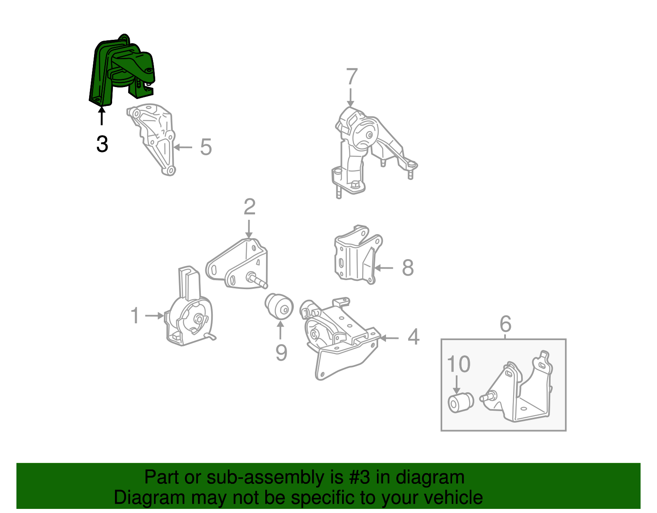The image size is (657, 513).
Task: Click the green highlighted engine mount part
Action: (119, 70)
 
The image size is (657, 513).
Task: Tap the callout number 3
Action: (102, 144)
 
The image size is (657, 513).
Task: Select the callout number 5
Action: (206, 147)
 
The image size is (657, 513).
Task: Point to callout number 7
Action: (351, 77)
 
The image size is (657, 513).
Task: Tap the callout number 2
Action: (249, 207)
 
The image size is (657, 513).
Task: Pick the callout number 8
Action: (407, 268)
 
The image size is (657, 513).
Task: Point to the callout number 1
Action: (135, 315)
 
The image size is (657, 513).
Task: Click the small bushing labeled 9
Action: (279, 306)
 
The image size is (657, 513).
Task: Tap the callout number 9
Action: (281, 352)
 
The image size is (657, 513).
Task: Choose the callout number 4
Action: (413, 337)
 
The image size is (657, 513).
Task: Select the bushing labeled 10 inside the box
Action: (459, 402)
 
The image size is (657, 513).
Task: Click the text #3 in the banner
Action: (359, 477)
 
